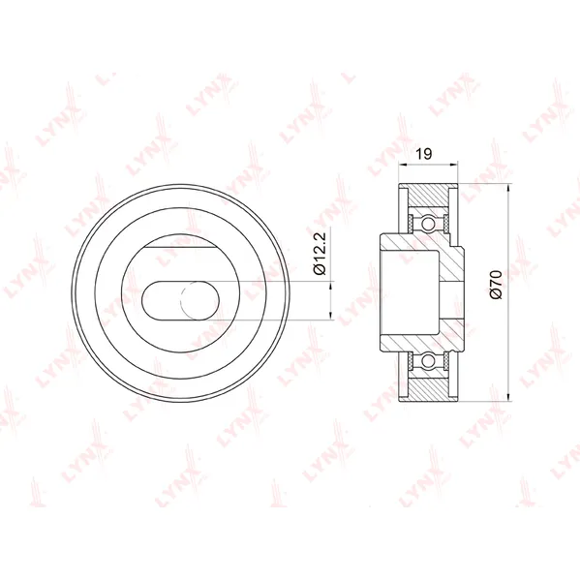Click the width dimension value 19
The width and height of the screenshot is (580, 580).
[424, 153]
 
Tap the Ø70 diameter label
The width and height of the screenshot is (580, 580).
[496, 285]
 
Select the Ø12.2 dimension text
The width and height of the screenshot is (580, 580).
[320, 254]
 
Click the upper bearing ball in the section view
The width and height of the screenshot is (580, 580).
[428, 224]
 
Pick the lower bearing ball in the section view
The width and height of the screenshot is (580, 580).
[428, 359]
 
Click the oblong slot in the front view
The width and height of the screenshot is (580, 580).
[180, 300]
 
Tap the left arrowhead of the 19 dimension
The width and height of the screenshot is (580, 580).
[402, 165]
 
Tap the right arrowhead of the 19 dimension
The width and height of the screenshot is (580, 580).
[454, 165]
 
